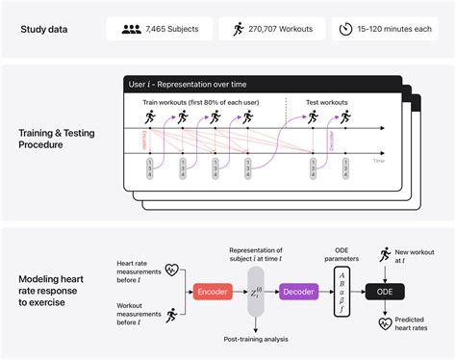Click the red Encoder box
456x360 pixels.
(212, 292)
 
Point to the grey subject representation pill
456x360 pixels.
(255, 292)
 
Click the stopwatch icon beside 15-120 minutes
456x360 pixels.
(346, 28)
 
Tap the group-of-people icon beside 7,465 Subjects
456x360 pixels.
(132, 28)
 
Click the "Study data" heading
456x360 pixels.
(46, 28)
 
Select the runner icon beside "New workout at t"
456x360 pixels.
(384, 252)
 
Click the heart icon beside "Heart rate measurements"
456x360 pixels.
(173, 270)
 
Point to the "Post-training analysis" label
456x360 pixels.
(254, 337)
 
